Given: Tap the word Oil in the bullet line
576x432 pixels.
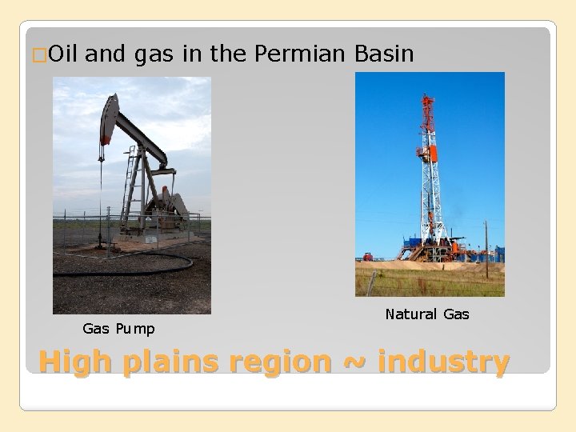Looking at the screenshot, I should (63, 54).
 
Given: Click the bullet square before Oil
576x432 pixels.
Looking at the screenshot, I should (41, 55).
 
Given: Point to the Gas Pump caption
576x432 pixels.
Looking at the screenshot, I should (118, 329).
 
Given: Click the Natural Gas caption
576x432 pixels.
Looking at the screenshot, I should (427, 314).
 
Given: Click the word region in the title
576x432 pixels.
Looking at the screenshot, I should (280, 362).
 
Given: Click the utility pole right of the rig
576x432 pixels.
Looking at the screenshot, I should (486, 248).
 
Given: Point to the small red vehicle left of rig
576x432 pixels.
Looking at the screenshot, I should (368, 257).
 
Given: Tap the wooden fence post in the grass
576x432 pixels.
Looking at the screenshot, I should (371, 282).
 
